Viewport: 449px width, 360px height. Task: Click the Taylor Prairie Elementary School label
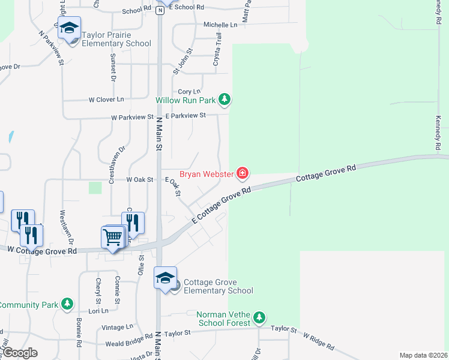coord(116,39)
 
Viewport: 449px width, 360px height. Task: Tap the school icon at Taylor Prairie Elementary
coord(69,28)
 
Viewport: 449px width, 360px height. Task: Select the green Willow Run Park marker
coord(224,99)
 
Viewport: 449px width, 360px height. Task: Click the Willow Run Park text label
coord(185,100)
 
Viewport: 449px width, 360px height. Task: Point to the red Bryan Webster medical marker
coord(243,174)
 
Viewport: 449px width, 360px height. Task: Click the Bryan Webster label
coord(207,174)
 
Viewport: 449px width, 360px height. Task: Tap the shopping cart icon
coord(113,237)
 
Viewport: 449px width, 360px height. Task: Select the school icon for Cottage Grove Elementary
coord(165,278)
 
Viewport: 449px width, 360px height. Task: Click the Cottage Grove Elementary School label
coord(218,286)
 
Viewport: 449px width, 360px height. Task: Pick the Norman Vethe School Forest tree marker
coord(259,317)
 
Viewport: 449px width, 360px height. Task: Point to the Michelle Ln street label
coord(220,25)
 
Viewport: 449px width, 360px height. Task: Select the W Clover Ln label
coord(106,99)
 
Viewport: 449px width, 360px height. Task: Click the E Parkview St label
coord(185,115)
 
